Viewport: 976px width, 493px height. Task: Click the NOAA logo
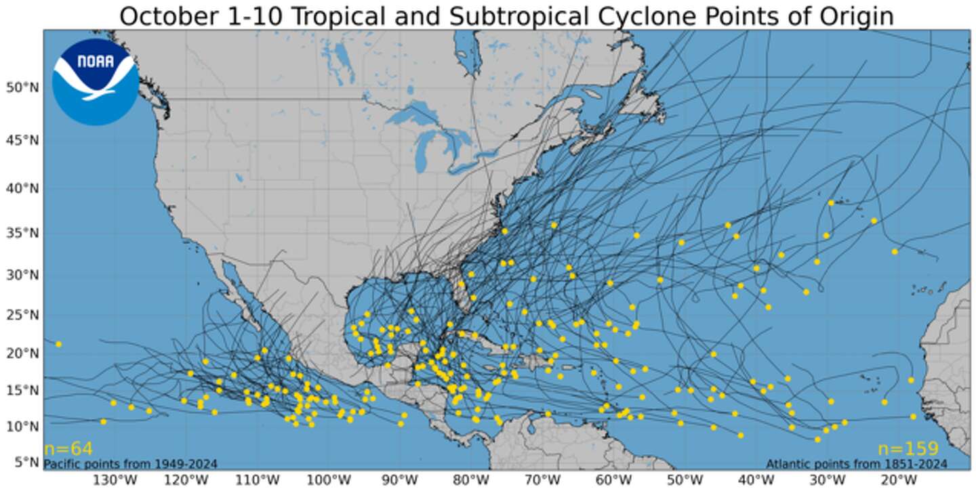(95, 81)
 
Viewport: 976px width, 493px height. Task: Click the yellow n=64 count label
(68, 449)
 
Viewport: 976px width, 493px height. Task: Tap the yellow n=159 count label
(908, 449)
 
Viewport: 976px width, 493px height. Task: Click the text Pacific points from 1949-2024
(131, 464)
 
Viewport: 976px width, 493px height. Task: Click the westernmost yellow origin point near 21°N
(58, 344)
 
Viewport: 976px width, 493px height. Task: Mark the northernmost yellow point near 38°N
(831, 202)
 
